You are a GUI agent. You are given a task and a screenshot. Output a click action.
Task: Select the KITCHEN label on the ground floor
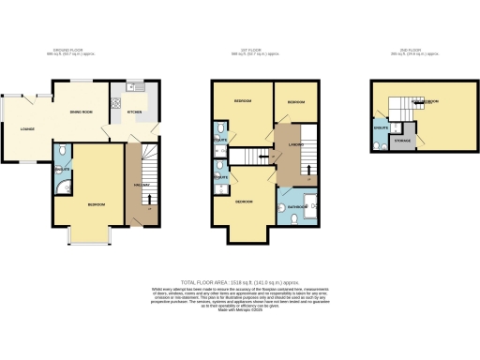coord(134,112)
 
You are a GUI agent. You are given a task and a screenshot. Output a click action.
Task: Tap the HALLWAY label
coord(144,185)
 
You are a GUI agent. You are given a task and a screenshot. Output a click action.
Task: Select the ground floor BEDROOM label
coord(95,204)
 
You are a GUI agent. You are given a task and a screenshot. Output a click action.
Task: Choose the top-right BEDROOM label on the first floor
coord(295,101)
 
